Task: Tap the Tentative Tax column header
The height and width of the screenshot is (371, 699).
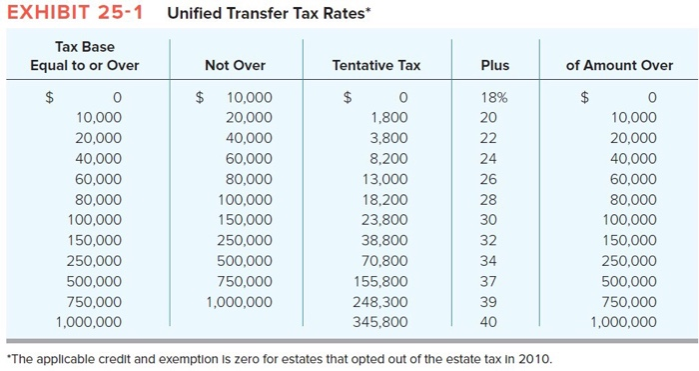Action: (x=375, y=65)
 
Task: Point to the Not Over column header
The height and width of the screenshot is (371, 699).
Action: (x=235, y=65)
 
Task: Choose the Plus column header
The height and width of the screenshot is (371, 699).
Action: (x=494, y=65)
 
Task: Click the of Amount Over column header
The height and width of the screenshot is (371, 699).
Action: (x=619, y=65)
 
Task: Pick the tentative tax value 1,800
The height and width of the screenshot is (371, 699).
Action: (x=388, y=117)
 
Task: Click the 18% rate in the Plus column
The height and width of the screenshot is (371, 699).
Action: (x=494, y=97)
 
